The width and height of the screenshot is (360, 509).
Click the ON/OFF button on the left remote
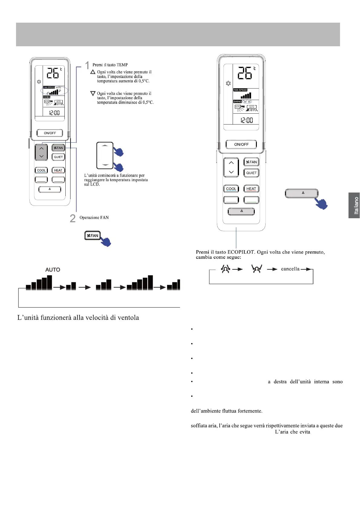click(x=50, y=133)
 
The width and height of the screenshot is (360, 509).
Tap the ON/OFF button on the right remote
click(x=241, y=144)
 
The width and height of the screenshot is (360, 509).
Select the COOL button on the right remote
click(x=231, y=189)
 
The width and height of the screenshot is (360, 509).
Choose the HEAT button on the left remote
click(x=58, y=170)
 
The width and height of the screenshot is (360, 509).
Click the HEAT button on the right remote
click(x=251, y=189)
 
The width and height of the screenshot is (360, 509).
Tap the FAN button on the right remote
click(x=251, y=162)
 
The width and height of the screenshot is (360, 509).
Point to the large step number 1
click(x=87, y=65)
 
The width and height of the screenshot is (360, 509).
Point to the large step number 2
click(x=73, y=218)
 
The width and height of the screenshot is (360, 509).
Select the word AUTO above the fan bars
click(x=53, y=270)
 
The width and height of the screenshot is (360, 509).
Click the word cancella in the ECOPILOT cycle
click(x=290, y=269)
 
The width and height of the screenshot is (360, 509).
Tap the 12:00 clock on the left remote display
click(x=54, y=113)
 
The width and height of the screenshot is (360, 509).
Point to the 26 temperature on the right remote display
click(x=245, y=73)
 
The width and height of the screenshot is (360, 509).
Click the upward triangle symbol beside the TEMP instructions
click(x=93, y=72)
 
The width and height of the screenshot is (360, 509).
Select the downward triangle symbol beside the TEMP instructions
click(x=93, y=94)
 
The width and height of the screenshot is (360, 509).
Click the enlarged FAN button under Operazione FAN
click(x=93, y=235)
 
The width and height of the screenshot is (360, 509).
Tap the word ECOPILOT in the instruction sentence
click(x=241, y=252)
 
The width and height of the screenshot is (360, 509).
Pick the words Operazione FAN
click(x=94, y=218)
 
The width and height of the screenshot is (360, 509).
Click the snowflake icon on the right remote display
click(x=228, y=83)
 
